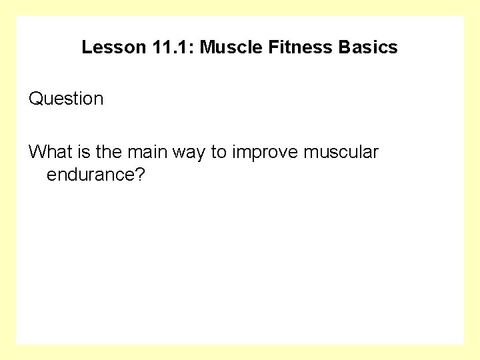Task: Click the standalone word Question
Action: click(x=66, y=99)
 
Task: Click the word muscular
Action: click(x=340, y=152)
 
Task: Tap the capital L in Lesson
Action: click(x=86, y=48)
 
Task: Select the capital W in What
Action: click(x=37, y=152)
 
